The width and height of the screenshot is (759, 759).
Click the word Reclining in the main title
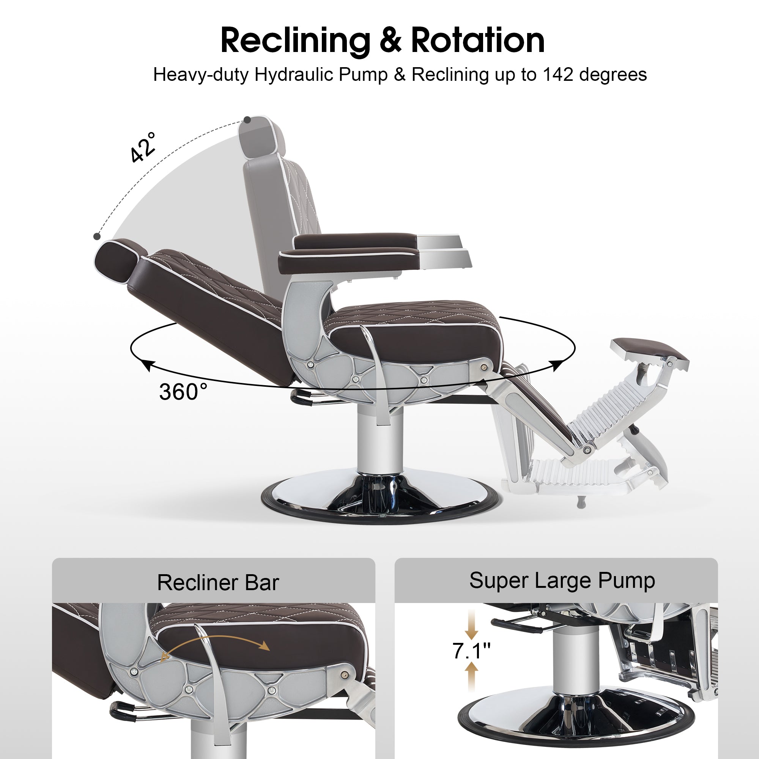295,41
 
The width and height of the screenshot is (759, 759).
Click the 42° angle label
143,147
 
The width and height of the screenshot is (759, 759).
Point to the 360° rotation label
183,392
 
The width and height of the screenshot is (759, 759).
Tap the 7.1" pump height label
471,651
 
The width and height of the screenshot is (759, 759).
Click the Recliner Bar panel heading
218,582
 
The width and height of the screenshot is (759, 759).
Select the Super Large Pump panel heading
562,580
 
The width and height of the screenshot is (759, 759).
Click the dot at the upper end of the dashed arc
247,120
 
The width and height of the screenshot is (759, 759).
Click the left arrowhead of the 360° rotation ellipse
147,365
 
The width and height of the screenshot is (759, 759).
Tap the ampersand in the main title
391,41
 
